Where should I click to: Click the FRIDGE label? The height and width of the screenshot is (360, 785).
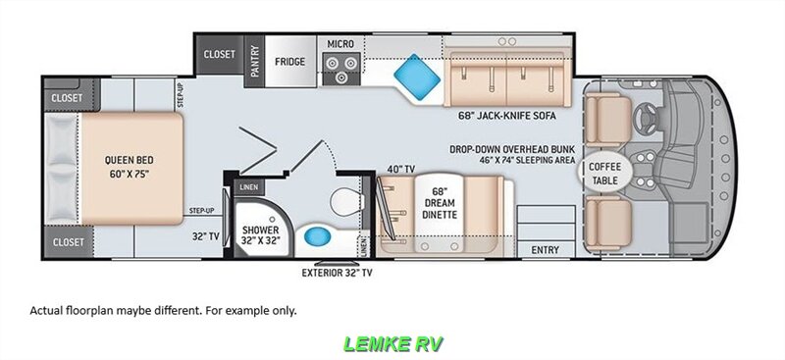pyautogui.click(x=289, y=62)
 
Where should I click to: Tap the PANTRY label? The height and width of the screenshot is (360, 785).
pyautogui.click(x=255, y=61)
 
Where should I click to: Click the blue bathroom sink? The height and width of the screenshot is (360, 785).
pyautogui.click(x=315, y=234)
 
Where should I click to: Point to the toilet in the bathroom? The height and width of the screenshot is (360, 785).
pyautogui.click(x=347, y=200)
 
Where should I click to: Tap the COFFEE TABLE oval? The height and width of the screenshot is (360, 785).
pyautogui.click(x=604, y=173)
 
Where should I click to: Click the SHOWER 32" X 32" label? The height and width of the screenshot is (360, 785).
pyautogui.click(x=260, y=234)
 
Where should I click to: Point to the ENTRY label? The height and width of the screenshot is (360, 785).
pyautogui.click(x=546, y=250)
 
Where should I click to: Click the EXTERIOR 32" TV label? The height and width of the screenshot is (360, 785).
pyautogui.click(x=337, y=273)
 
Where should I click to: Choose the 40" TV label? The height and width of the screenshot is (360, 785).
pyautogui.click(x=400, y=170)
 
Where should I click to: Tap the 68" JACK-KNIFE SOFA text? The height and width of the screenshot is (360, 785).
pyautogui.click(x=506, y=116)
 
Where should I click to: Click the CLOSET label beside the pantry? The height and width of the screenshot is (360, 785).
pyautogui.click(x=219, y=54)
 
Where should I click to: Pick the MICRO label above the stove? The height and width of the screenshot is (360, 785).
pyautogui.click(x=340, y=44)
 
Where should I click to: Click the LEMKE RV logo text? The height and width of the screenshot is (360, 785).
pyautogui.click(x=392, y=344)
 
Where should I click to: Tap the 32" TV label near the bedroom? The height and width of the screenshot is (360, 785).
pyautogui.click(x=206, y=236)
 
